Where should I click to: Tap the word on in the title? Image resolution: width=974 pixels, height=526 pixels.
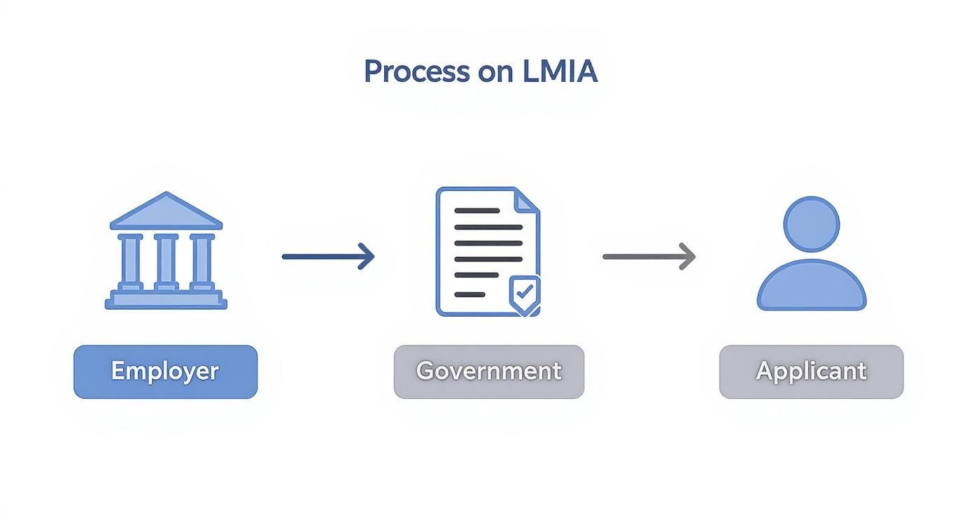497,73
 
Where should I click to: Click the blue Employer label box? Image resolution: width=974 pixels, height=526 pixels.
165,371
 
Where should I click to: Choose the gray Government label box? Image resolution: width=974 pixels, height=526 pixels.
488,371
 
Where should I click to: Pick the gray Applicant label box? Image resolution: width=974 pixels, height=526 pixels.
811,371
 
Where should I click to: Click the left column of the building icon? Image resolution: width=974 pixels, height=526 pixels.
130,261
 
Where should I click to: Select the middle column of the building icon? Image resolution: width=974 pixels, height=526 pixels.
166,261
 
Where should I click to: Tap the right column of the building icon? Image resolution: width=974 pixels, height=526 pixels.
202,261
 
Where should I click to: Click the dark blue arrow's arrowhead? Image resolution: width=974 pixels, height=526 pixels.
367,257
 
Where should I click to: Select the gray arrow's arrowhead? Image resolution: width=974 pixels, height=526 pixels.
688,257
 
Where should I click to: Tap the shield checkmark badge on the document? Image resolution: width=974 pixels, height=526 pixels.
523,294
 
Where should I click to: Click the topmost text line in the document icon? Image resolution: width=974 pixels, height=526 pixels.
477,211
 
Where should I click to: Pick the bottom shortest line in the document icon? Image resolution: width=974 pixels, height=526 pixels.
470,294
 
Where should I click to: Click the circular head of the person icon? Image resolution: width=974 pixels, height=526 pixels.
811,224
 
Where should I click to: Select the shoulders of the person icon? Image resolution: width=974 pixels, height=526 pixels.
811,287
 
